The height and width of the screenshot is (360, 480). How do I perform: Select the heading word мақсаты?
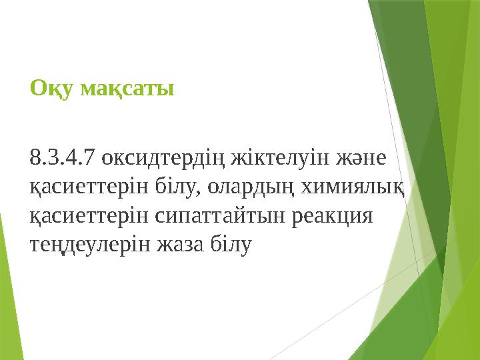[127, 89]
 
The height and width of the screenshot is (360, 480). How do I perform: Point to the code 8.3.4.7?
[62, 159]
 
